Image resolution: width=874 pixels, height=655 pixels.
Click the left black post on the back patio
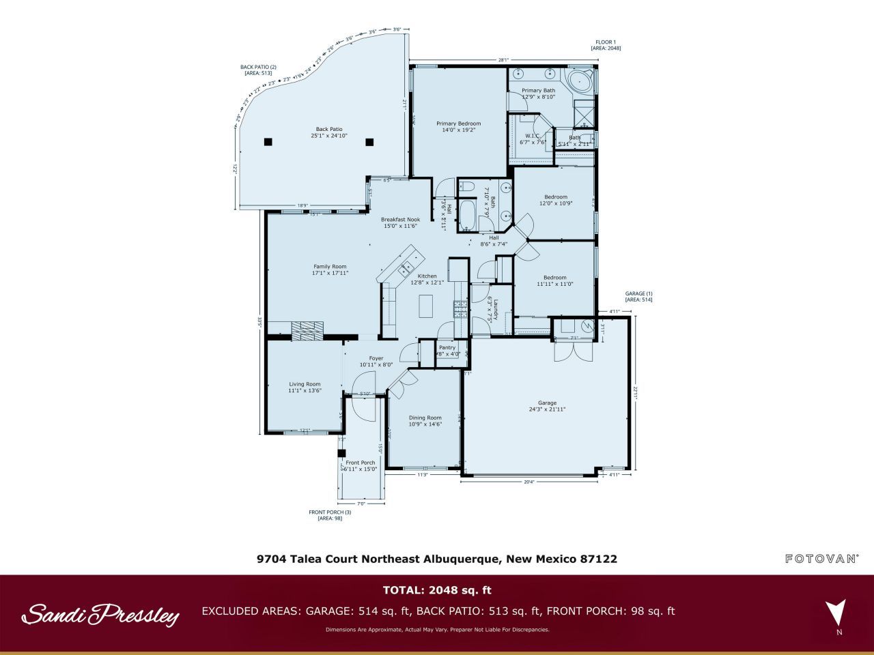pos(268,142)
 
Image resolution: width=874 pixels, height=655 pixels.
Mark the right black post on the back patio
pos(369,142)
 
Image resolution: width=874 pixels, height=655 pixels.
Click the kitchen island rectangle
pos(426,305)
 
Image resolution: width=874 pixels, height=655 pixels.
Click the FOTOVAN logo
pos(821,559)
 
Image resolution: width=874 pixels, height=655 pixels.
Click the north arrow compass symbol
pos(835,611)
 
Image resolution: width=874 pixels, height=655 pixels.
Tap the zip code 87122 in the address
pos(598,559)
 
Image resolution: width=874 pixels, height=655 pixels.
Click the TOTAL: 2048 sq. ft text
pos(437,590)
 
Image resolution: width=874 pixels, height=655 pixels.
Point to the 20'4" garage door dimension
pos(528,482)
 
